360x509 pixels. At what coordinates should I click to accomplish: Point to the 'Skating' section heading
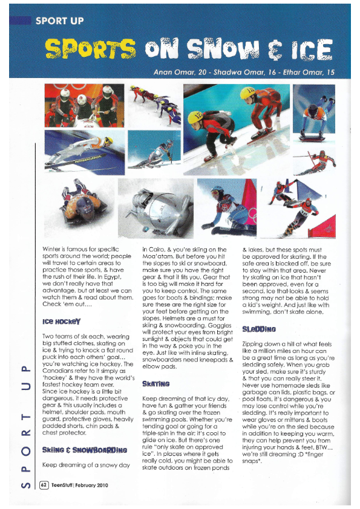[x=156, y=383]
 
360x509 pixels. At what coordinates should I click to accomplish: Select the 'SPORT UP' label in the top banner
[x=59, y=20]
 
